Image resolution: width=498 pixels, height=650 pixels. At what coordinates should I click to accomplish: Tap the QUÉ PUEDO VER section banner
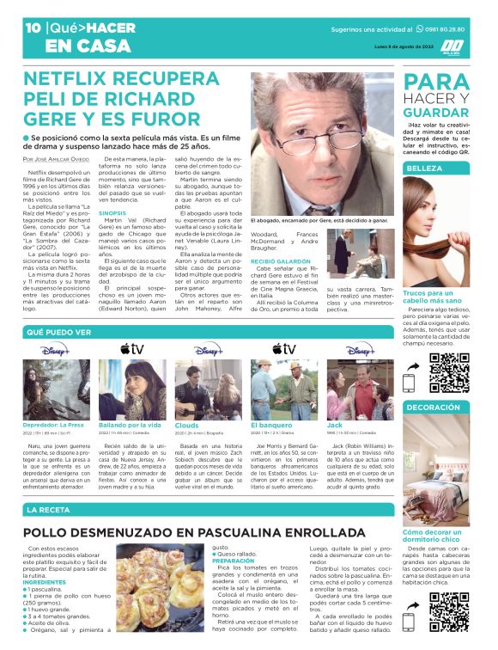(x=59, y=331)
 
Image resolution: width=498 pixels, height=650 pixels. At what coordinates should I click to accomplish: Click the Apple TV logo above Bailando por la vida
(x=131, y=349)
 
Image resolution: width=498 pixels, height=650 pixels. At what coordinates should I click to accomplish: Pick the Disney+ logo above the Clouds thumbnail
(x=206, y=349)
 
